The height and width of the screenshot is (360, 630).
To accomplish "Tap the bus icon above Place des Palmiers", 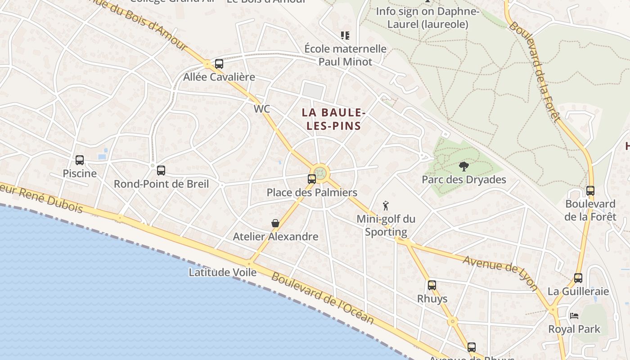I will (311, 179).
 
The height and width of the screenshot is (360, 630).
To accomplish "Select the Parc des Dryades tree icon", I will (463, 166).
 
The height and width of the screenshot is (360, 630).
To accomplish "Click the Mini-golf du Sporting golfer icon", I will (385, 206).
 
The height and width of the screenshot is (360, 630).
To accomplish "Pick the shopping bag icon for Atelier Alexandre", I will (275, 223).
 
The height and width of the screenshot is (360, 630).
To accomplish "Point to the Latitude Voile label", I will (222, 272).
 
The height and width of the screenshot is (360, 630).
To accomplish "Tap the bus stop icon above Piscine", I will (80, 160).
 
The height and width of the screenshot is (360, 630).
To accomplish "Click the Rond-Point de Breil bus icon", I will (161, 171).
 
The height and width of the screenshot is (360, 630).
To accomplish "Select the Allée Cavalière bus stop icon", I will (219, 64).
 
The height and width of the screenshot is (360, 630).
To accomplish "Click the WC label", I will (262, 109).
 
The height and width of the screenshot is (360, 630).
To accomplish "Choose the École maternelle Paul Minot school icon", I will (345, 36).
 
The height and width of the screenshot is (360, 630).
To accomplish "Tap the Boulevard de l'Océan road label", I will (323, 298).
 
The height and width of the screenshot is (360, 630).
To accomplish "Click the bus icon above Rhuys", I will (432, 285).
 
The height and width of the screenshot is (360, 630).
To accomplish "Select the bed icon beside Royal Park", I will (574, 315).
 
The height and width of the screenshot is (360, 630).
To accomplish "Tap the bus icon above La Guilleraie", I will (578, 278).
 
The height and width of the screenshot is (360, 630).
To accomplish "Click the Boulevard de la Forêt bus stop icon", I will (590, 191).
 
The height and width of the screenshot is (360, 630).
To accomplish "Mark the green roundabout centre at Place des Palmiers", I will (320, 173).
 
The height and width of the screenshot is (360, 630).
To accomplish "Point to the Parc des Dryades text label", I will (463, 180).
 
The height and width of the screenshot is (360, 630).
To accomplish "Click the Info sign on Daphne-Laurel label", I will (427, 18).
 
